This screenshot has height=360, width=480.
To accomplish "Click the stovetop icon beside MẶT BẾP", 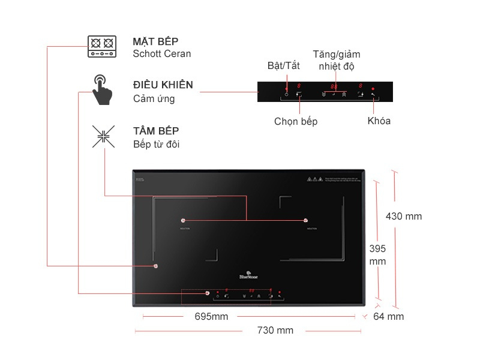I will pos(101,46).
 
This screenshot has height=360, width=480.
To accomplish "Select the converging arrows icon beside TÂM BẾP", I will pos(103,136).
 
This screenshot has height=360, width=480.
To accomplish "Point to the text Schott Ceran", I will pos(162,53).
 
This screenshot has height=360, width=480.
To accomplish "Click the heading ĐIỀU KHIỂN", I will pos(163,85).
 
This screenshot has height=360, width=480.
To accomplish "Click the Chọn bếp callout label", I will pos(296,121).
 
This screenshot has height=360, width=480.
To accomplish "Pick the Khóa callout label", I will pos(379,121).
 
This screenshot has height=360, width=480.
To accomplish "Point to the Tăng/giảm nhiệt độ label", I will pos(336,60).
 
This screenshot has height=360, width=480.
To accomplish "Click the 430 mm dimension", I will pos(403,216).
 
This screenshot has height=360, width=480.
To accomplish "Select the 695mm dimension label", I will pos(211,316).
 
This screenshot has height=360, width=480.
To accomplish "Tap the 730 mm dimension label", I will pos(275,330).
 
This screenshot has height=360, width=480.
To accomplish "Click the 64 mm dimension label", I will pos(388,316).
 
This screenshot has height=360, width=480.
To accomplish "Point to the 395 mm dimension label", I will pos(377,254).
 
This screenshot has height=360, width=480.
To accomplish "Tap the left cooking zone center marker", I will pos(183,220).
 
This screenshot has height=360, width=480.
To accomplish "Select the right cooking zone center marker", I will pos(305,220).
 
